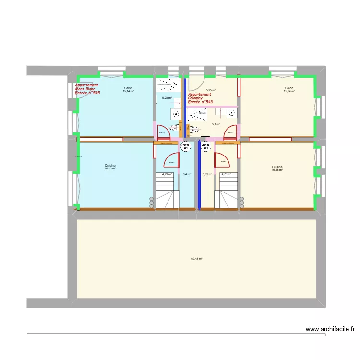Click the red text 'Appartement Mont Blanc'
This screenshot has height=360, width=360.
tap(87, 87)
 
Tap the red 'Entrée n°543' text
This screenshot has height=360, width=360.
tap(200, 102)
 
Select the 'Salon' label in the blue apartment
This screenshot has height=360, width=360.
tap(128, 88)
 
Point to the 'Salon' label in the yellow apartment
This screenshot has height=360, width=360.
tap(289, 88)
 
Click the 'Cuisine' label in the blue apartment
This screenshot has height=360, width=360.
tap(110, 166)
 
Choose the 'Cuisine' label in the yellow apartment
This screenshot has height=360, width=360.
tap(277, 167)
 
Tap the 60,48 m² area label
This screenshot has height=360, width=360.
tap(196, 259)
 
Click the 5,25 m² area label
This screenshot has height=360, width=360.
tap(211, 90)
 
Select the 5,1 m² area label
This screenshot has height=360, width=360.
tap(216, 124)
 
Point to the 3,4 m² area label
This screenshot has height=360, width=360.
tap(187, 174)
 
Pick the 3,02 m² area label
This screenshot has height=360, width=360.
tap(207, 174)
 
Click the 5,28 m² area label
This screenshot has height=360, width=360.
tap(167, 98)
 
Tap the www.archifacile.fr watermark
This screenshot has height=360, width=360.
tap(330, 329)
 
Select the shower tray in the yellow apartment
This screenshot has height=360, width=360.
tap(197, 114)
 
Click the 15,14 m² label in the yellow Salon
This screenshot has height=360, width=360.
tap(289, 91)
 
